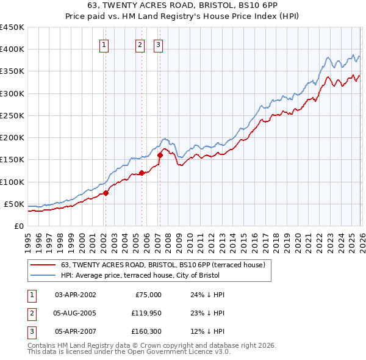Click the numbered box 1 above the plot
coord(104,44)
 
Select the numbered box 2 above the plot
coord(140,44)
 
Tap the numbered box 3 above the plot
coord(158,44)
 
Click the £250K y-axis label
coord(12,115)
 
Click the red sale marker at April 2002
coord(106,193)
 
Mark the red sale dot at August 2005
coord(142,173)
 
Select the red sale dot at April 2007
coord(160,155)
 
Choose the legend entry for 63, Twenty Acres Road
coord(162,265)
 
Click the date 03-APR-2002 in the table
coord(75,295)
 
